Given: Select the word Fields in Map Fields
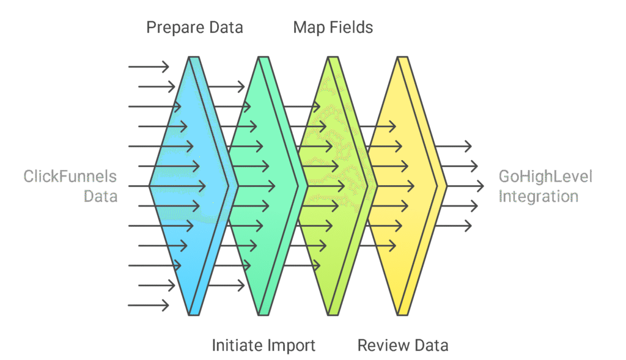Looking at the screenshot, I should point(351,28).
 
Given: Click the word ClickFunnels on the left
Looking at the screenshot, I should point(70,177).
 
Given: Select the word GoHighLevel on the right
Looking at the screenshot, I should point(545,177).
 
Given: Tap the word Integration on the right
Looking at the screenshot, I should point(538,196).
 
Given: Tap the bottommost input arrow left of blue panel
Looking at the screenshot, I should point(149,305).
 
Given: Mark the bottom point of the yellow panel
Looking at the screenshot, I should point(402,315).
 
